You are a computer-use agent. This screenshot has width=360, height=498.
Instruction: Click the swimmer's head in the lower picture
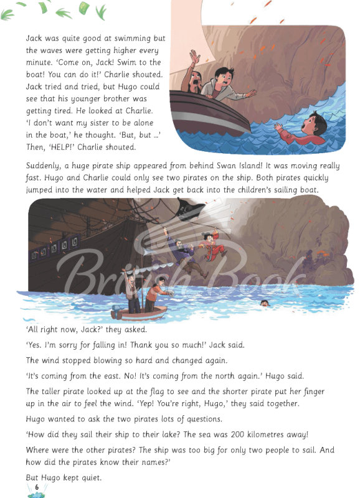(x=265, y=303)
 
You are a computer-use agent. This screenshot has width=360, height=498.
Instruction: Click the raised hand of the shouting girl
(x=195, y=59)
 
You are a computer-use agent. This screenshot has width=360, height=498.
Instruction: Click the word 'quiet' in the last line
(x=89, y=477)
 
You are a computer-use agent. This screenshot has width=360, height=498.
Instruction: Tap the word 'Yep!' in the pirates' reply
(x=191, y=403)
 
